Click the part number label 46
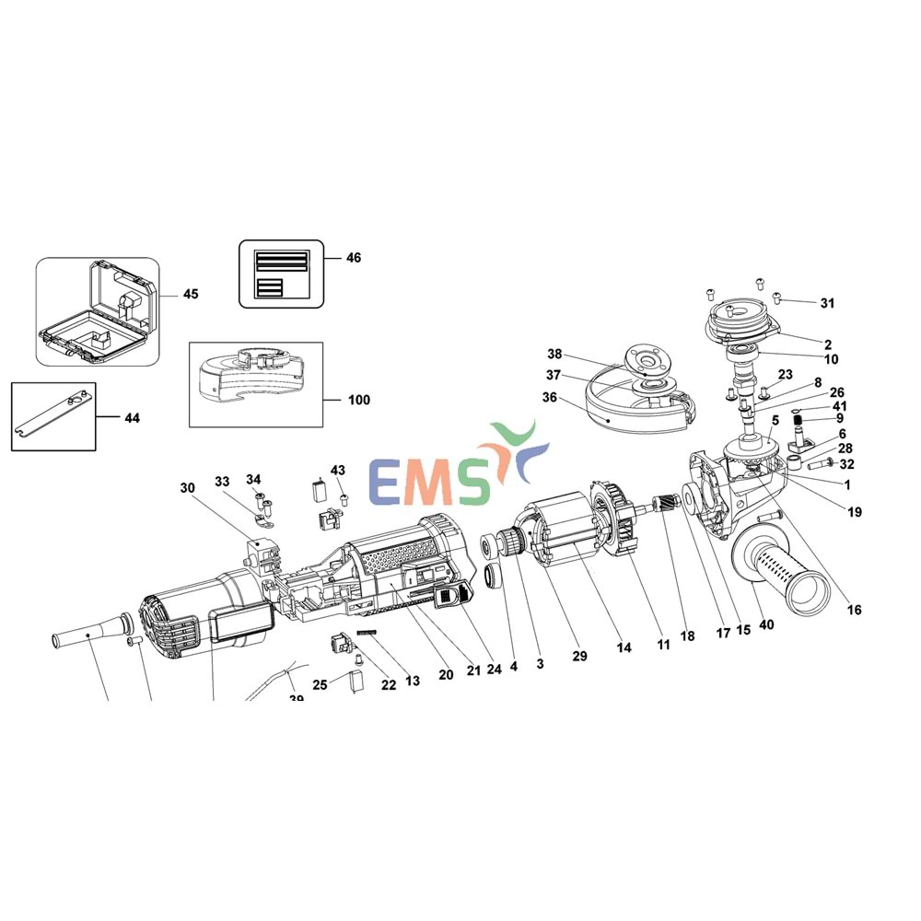[354, 258]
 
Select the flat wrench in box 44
[52, 416]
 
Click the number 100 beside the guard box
[359, 400]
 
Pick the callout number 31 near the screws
[827, 303]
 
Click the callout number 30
[189, 487]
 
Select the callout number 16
[855, 610]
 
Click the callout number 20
[446, 674]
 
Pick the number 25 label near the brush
[320, 684]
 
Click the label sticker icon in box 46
[281, 273]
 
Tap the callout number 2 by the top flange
[828, 344]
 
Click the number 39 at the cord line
[296, 699]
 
